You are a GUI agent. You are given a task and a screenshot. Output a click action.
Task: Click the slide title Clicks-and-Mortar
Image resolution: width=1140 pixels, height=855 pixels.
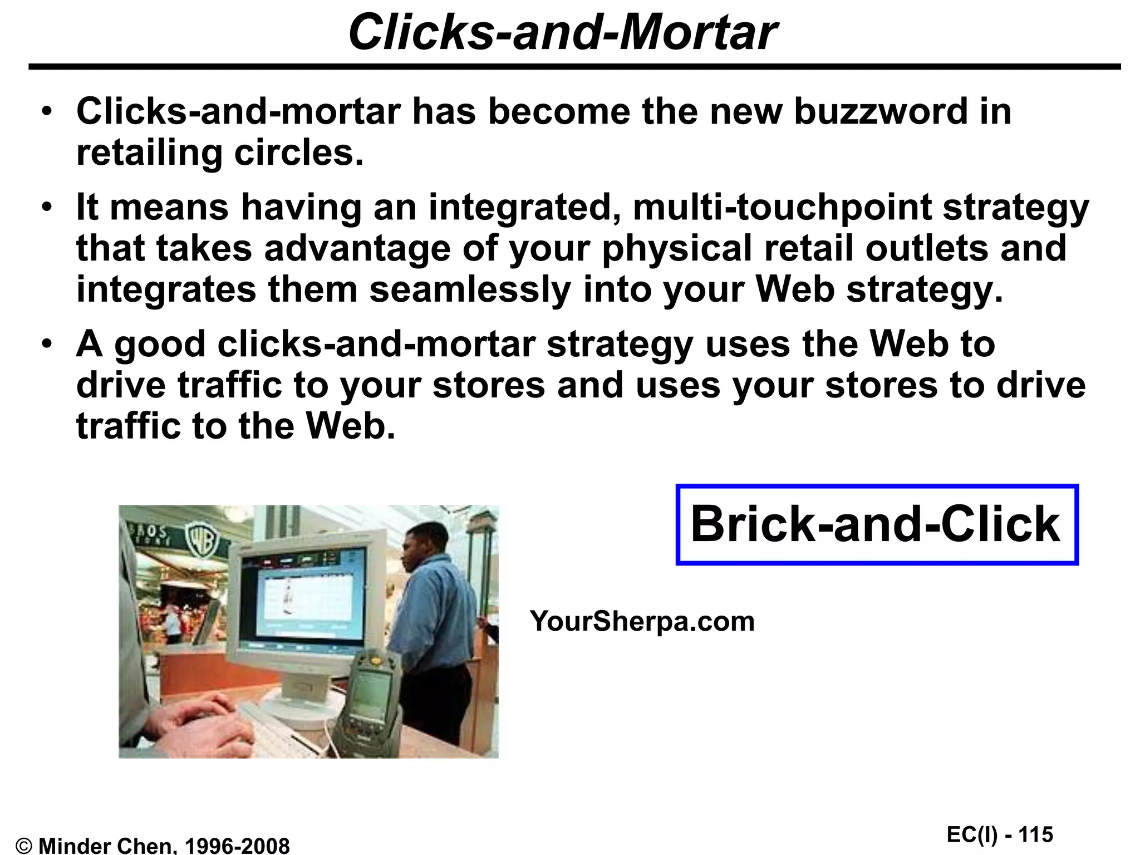coord(562,32)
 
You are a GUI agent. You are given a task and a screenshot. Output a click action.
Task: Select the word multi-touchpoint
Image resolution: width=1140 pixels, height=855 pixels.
coord(782,207)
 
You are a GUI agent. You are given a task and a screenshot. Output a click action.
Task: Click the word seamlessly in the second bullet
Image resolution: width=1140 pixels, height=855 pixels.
coord(470,289)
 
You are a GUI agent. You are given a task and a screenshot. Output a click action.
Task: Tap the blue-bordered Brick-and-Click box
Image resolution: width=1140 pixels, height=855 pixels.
coord(876,524)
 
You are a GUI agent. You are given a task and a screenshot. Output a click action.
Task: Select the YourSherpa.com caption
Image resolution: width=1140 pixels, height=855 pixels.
coord(642,621)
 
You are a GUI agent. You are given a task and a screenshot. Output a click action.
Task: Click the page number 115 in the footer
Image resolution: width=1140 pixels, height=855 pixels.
coord(1036,834)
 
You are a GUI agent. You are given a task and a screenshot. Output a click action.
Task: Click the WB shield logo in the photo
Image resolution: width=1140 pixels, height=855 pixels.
coord(201,540)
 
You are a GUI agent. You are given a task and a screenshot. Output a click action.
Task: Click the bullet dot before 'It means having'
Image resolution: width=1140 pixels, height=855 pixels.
coord(48,208)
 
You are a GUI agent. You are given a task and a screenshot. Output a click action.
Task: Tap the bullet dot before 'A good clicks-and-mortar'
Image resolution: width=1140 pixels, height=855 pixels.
coord(48,343)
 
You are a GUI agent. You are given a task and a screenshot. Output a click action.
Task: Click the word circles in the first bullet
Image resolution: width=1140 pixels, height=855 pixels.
coord(299,153)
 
